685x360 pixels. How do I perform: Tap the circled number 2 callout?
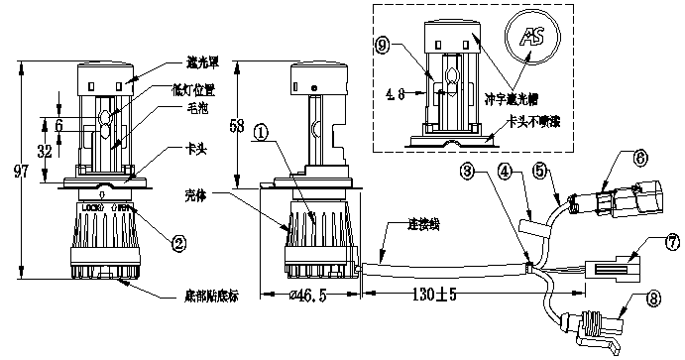(x=178, y=241)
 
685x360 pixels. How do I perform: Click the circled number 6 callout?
(x=639, y=157)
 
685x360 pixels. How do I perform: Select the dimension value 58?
(x=235, y=126)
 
